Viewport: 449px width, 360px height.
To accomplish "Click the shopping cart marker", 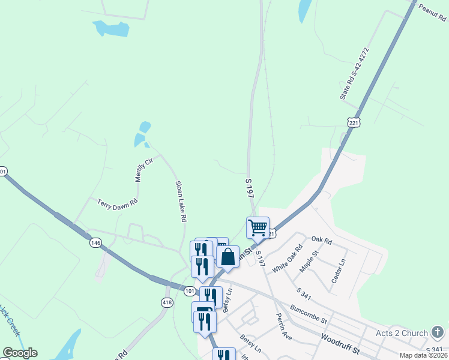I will click(x=258, y=228).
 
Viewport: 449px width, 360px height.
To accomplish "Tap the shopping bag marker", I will click(x=228, y=257).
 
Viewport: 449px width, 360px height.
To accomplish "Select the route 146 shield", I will click(x=95, y=243).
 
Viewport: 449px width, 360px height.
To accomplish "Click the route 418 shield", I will click(x=167, y=302).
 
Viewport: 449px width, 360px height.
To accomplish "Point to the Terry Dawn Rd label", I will click(x=118, y=203).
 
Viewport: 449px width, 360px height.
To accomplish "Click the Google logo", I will click(x=20, y=353).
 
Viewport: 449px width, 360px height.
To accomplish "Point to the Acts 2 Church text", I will click(x=402, y=333).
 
